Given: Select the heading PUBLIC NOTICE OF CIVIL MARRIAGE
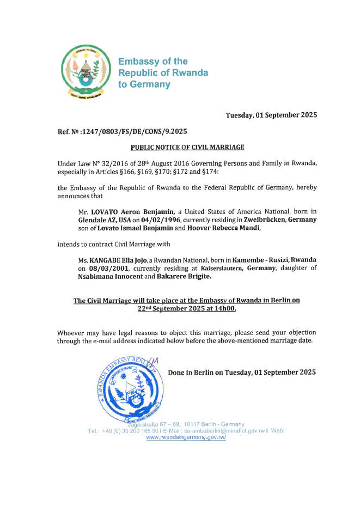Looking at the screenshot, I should coord(187,148).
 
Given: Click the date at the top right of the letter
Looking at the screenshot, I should coord(271,115).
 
